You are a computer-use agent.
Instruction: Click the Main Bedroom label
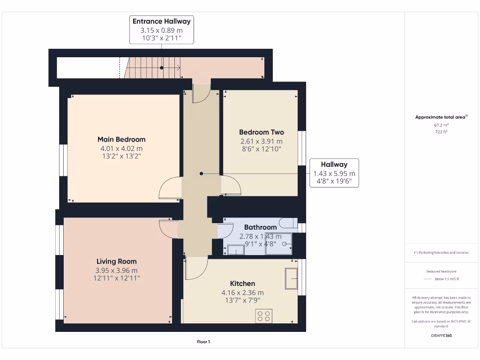click(x=121, y=139)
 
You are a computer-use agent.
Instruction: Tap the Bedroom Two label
click(x=261, y=132)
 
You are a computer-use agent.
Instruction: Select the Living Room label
click(x=116, y=261)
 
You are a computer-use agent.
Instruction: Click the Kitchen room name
click(x=242, y=283)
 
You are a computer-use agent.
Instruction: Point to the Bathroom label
click(x=260, y=227)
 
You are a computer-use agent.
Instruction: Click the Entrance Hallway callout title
click(x=161, y=22)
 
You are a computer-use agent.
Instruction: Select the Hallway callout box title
click(x=334, y=165)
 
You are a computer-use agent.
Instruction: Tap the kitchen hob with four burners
click(x=263, y=316)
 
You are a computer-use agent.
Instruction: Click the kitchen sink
click(x=291, y=279)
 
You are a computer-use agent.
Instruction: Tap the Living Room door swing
click(x=169, y=228)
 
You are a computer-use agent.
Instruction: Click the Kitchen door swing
click(x=197, y=268)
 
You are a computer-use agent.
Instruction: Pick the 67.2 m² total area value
click(x=441, y=125)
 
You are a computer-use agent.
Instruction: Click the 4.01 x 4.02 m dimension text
click(x=121, y=149)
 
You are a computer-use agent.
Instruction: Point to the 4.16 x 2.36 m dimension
click(x=242, y=292)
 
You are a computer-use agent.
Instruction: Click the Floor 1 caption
click(x=203, y=342)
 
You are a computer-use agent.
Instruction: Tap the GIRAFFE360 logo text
click(x=441, y=336)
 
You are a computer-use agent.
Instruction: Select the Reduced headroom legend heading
click(x=441, y=271)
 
